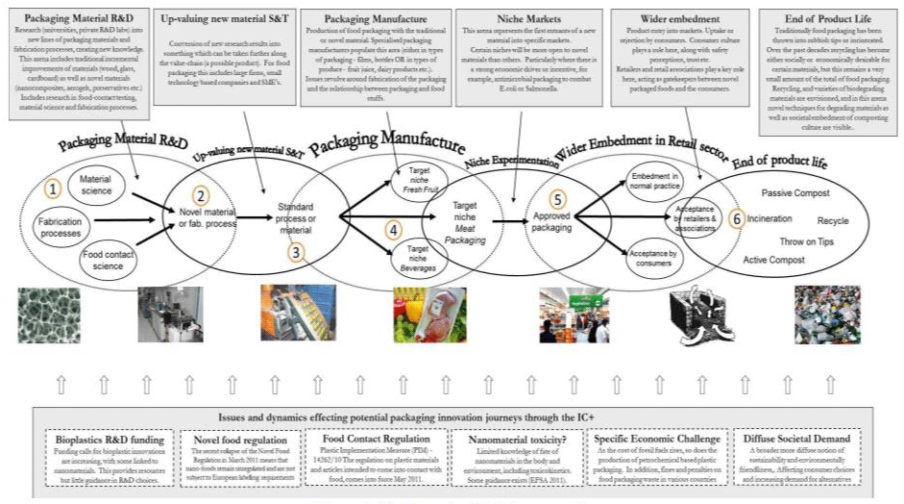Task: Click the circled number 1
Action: pos(54,189)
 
